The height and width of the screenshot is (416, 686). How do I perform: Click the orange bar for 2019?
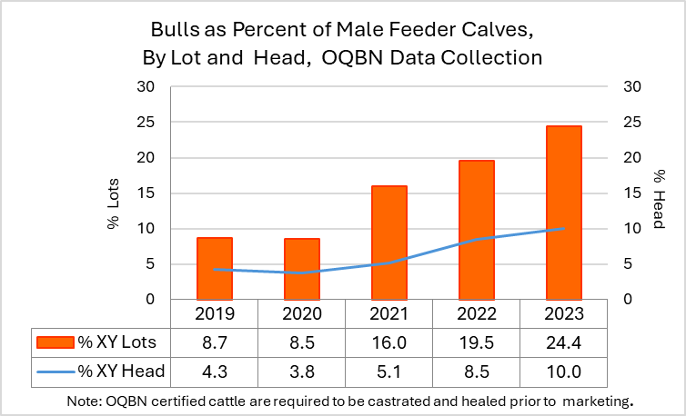[215, 268]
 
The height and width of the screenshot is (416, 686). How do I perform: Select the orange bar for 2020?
[302, 269]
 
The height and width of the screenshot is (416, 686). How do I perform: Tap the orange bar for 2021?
[389, 243]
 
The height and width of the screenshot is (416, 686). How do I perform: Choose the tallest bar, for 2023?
[564, 213]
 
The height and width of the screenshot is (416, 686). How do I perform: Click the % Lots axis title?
[115, 209]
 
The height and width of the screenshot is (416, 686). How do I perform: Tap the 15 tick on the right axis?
[632, 193]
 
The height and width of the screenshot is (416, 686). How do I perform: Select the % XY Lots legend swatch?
[55, 342]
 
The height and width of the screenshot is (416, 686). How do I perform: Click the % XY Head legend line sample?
[55, 371]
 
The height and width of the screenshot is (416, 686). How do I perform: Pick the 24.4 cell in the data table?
[564, 342]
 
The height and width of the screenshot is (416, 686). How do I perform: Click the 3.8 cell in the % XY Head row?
[302, 371]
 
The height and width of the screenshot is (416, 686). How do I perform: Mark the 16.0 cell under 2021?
[389, 342]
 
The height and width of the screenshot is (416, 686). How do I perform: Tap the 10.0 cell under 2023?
[564, 371]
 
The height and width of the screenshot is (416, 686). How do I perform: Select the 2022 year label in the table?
[477, 314]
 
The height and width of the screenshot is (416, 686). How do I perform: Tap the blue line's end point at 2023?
[564, 229]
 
